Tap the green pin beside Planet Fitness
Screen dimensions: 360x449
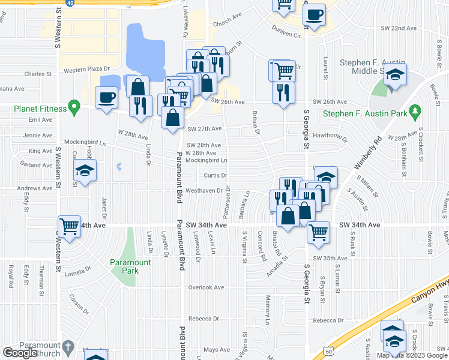point(74,109)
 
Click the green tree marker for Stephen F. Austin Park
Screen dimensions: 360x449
point(414,110)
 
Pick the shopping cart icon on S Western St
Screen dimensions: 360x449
point(69,226)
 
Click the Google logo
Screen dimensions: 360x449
point(20,353)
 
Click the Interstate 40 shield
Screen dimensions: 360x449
point(70,2)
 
